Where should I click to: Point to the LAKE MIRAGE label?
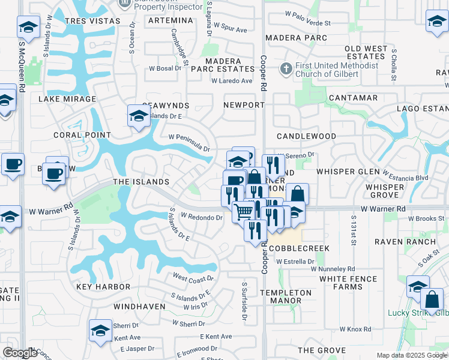[x=67, y=99]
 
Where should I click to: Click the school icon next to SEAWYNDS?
[x=139, y=116]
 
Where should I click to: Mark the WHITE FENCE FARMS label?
[x=348, y=283]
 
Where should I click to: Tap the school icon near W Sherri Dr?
[x=100, y=330]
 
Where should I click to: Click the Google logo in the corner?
[x=19, y=353]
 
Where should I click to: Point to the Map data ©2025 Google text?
[x=412, y=355]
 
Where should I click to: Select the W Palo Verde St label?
[x=308, y=23]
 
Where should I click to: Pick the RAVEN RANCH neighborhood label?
[x=405, y=242]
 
